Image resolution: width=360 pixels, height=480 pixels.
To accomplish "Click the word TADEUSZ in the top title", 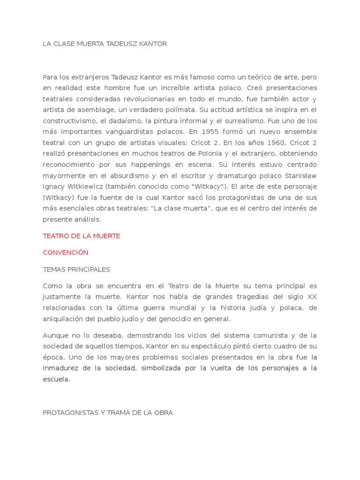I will coord(117,44).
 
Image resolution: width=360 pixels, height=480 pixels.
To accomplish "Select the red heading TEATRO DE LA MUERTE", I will coord(82,236).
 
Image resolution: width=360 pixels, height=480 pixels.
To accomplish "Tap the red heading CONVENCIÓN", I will coord(66,252).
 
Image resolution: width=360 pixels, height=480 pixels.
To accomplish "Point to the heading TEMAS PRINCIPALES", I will coord(76,269).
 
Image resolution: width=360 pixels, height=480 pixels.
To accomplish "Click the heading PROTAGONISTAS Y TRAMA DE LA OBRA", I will coord(108,412).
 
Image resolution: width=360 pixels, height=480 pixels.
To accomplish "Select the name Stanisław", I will coord(300,175).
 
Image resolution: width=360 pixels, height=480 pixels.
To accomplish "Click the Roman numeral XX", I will coord(312,297).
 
